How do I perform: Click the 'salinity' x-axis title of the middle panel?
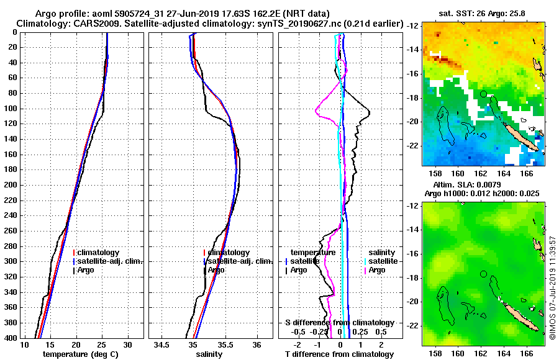209,354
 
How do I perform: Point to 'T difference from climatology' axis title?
340,354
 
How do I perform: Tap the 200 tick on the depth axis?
11,185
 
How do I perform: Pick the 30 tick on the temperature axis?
127,344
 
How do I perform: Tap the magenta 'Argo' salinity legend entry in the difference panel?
377,270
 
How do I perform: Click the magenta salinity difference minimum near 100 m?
316,112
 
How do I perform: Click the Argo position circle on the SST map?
483,94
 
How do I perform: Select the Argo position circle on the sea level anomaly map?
483,274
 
